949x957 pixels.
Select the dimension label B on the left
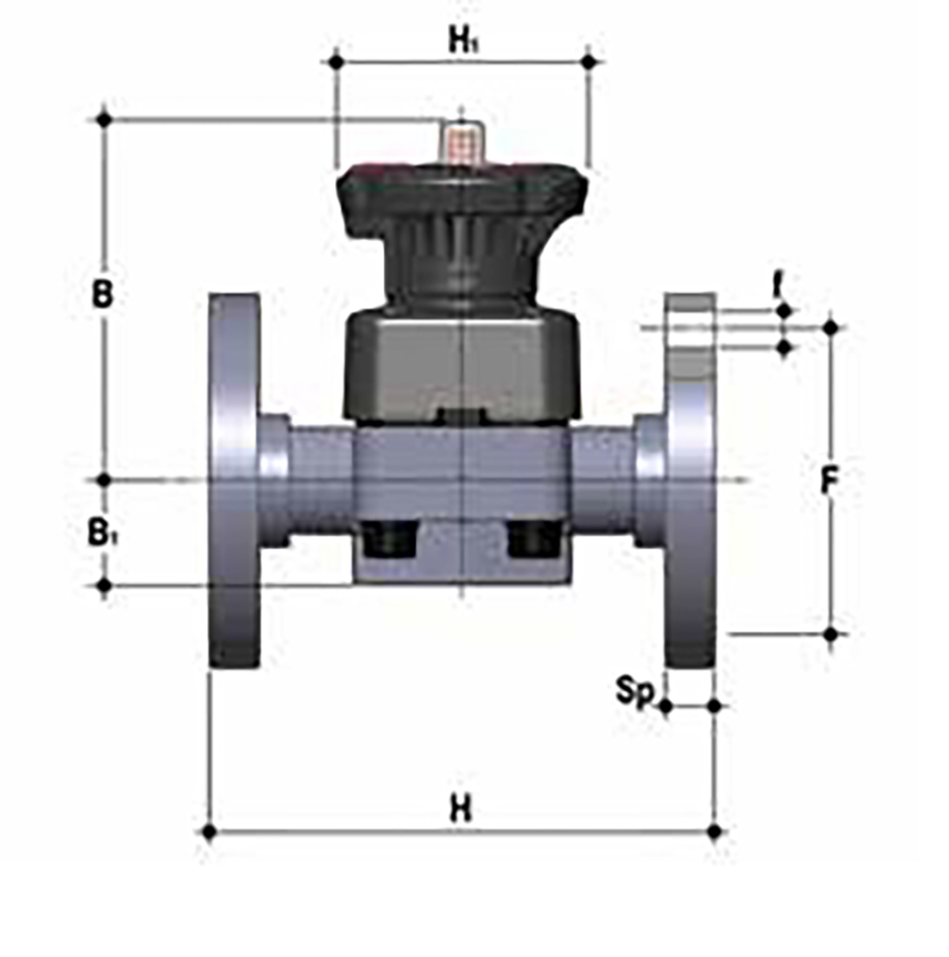point(102,294)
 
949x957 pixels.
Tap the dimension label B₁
point(101,533)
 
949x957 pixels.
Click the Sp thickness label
point(634,691)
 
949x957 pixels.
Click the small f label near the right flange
point(776,284)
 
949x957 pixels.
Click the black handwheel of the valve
point(461,201)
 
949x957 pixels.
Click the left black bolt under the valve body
point(390,540)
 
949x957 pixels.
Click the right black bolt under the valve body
point(532,540)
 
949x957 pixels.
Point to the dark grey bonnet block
point(461,366)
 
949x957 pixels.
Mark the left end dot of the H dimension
point(209,831)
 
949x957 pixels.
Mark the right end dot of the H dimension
point(714,831)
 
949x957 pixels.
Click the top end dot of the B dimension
point(103,120)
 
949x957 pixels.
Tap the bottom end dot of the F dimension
point(831,634)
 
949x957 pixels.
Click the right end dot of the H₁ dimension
point(590,61)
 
